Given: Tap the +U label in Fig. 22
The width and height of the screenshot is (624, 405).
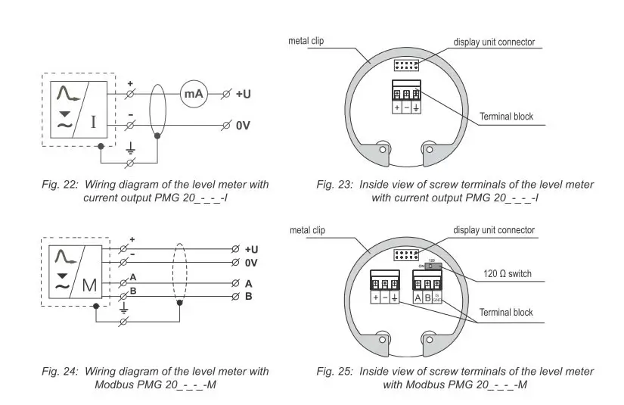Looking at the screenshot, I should [244, 95].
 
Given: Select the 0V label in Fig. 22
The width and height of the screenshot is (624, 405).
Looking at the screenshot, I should [244, 124].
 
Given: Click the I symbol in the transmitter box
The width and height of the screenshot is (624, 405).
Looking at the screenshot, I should [93, 121].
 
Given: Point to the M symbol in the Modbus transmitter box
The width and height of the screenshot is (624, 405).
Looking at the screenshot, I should [89, 285].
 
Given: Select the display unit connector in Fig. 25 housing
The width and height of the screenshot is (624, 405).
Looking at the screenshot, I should [407, 255].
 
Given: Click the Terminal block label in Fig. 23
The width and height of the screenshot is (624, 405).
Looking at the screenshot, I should [506, 117].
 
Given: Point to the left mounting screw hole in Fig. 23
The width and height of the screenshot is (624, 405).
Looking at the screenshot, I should [383, 149].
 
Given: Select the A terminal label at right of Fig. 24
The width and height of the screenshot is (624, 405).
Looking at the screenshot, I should [249, 282].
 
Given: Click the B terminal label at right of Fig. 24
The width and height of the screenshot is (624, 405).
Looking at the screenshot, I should [249, 296].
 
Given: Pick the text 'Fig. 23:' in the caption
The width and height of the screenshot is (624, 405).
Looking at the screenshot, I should [334, 185].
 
